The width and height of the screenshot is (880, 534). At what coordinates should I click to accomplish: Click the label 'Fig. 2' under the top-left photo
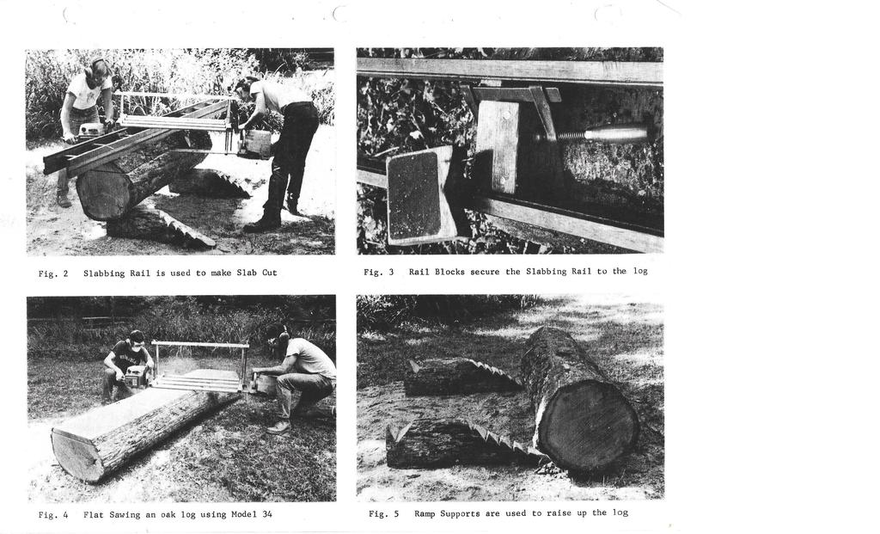click(53, 273)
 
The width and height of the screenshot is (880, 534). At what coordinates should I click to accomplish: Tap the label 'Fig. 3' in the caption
click(379, 272)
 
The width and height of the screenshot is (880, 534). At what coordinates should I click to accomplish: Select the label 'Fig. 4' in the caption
click(53, 514)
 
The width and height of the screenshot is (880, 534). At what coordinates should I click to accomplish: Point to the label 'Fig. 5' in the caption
click(384, 513)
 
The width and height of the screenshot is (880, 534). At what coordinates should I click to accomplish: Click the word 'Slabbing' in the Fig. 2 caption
click(104, 273)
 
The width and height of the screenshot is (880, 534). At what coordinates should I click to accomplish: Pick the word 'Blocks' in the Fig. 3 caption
click(449, 272)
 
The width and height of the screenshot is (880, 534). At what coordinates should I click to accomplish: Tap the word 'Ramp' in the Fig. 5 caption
click(425, 513)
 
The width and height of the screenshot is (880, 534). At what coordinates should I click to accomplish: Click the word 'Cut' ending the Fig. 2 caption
click(269, 273)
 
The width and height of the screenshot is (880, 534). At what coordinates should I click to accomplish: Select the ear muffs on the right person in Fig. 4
click(284, 336)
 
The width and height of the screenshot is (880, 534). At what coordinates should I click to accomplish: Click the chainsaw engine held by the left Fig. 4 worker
click(137, 377)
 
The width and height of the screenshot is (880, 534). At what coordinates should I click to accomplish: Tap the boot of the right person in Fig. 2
click(261, 224)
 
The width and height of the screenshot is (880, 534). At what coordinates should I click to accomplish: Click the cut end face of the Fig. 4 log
click(77, 456)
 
